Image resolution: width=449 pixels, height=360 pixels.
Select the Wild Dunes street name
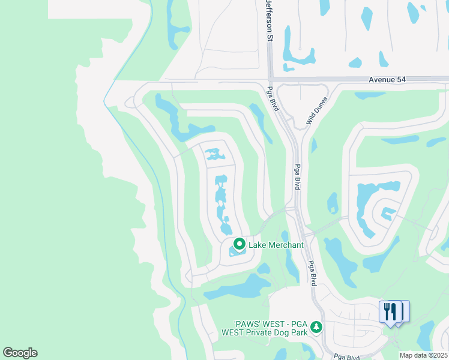click(317, 110)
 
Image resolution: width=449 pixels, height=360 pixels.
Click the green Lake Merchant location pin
click(239, 244)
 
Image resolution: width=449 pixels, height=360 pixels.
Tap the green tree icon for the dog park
click(316, 327)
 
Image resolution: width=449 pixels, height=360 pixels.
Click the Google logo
click(20, 353)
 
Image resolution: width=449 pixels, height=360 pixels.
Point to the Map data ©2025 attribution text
click(424, 355)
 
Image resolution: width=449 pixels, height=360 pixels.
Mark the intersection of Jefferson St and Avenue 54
click(270, 79)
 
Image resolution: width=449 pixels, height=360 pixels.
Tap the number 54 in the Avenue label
click(397, 80)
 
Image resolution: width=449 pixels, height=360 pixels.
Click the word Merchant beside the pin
click(286, 245)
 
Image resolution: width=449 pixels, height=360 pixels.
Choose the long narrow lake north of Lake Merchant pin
click(221, 201)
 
